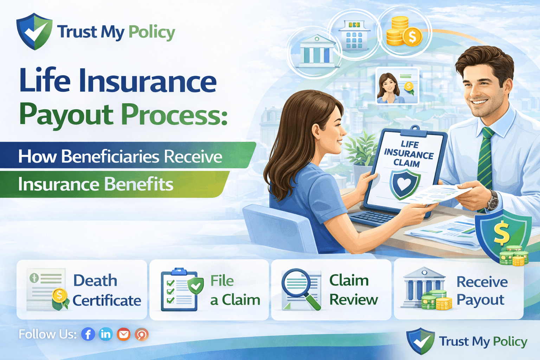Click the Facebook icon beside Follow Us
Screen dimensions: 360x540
tap(88, 334)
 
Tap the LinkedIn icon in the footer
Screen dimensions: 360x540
tap(105, 334)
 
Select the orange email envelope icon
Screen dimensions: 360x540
tap(123, 334)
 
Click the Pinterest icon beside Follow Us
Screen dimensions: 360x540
tap(142, 334)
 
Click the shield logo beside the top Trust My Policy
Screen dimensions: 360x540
tap(34, 31)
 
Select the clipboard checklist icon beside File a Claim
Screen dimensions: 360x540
tap(179, 290)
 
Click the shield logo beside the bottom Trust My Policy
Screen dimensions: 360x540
tap(420, 341)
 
